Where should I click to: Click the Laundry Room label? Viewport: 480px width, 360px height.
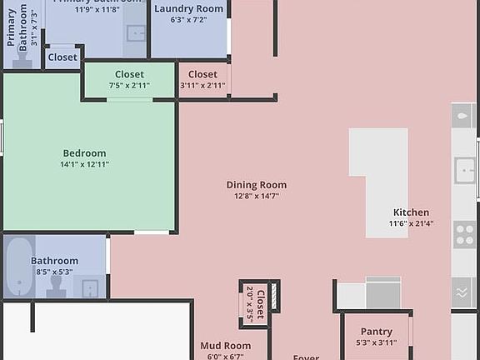click(x=189, y=8)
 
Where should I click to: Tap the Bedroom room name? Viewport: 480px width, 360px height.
click(x=84, y=153)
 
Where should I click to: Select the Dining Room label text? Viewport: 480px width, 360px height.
click(x=256, y=185)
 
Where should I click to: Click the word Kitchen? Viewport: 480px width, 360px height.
click(x=411, y=212)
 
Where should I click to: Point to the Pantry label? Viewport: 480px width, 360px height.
click(x=376, y=331)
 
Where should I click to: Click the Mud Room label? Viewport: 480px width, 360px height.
click(x=225, y=346)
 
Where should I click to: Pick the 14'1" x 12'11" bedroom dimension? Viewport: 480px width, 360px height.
click(x=84, y=164)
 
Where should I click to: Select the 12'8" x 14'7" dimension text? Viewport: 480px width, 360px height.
click(x=256, y=196)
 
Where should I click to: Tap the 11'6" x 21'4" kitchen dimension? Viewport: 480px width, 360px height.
click(x=411, y=223)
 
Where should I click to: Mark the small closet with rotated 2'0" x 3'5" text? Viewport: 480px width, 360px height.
click(x=255, y=303)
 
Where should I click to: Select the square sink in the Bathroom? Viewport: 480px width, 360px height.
click(x=91, y=288)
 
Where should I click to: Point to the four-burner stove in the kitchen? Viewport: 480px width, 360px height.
click(x=464, y=235)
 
